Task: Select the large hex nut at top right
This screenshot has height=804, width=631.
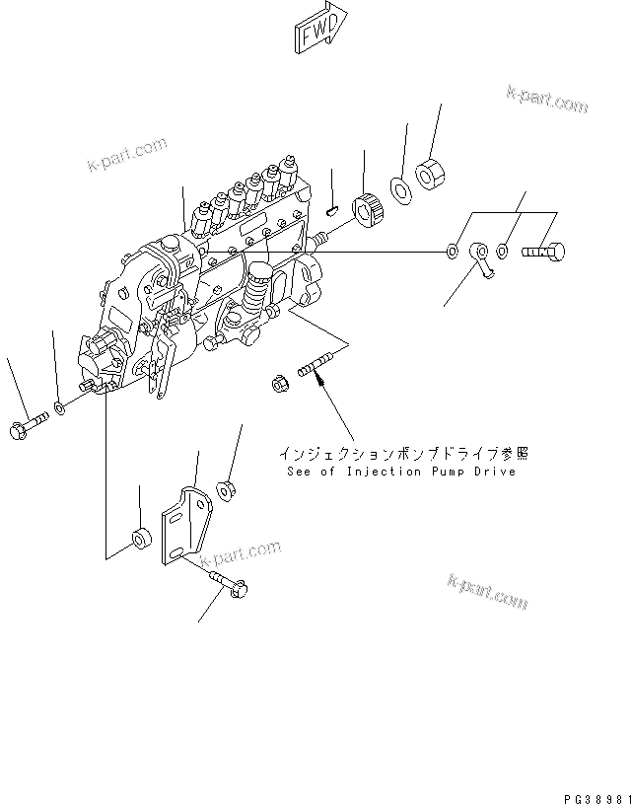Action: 429,175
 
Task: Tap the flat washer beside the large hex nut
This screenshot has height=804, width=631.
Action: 401,185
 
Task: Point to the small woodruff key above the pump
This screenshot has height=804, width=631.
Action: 332,207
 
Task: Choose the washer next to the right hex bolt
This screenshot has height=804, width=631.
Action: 504,252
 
